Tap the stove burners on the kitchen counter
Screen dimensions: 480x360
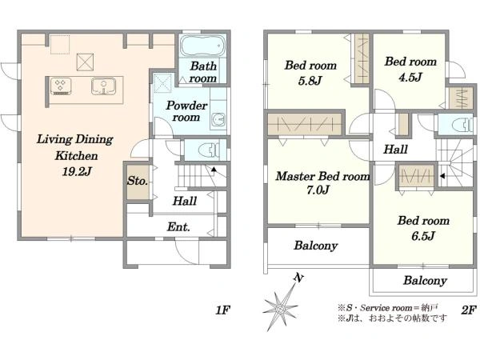point(61,86)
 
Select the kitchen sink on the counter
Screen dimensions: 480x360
point(103,86)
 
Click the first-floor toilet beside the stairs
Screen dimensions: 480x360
point(209,150)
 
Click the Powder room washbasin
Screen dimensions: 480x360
point(218,119)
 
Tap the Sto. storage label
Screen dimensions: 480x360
point(138,181)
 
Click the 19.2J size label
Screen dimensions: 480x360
point(77,171)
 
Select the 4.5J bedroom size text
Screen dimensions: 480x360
point(410,77)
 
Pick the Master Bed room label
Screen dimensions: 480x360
point(322,176)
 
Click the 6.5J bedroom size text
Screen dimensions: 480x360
point(423,236)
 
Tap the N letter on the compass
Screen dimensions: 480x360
point(298,278)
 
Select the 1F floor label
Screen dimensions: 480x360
point(222,310)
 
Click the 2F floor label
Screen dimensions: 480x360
point(469,310)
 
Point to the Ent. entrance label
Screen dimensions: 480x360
point(178,227)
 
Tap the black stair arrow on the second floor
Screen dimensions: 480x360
point(442,176)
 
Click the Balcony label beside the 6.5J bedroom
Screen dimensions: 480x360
point(425,281)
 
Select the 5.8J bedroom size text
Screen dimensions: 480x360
point(310,81)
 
